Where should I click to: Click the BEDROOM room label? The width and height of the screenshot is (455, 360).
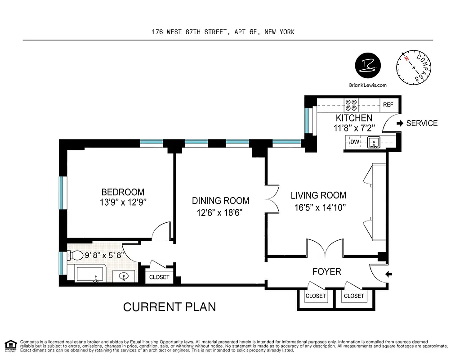coord(123,192)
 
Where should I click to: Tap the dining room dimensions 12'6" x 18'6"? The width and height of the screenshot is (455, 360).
coord(220,213)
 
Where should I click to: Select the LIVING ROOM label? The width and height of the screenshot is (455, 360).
coord(318,195)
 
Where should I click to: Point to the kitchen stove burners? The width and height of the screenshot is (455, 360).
coord(351,105)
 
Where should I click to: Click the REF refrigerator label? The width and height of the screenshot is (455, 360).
coord(388,105)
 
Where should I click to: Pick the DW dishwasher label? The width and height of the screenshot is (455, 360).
coord(355,142)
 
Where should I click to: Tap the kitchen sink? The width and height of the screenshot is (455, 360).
coord(373,143)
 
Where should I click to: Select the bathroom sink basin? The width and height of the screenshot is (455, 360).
coord(125,276)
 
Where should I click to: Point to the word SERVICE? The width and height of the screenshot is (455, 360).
coord(422,123)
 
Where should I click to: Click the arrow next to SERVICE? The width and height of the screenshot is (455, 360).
coord(400,123)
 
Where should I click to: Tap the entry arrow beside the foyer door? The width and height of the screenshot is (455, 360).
coord(389,273)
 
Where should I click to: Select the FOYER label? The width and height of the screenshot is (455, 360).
coord(326,272)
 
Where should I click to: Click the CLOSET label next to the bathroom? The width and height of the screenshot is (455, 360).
coord(159,277)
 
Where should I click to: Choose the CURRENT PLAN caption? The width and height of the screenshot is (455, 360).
coord(170,307)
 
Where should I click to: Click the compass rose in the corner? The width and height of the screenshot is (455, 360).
coord(414,67)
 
